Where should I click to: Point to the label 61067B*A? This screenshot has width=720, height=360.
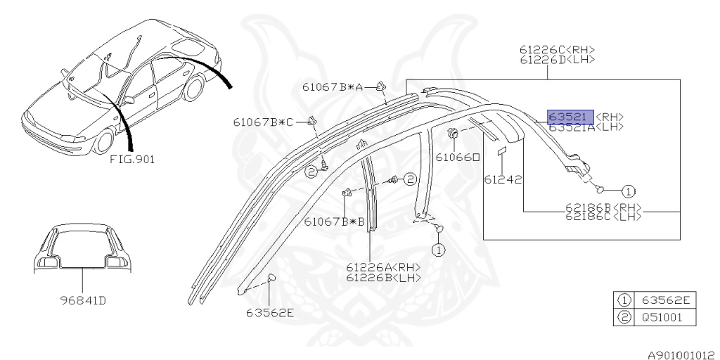click(x=334, y=87)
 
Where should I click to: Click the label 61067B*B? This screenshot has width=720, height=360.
click(x=334, y=221)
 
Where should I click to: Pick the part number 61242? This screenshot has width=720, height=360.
click(x=503, y=180)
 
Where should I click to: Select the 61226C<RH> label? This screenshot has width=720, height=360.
click(x=558, y=49)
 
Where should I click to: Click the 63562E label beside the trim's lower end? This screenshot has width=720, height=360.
click(x=270, y=313)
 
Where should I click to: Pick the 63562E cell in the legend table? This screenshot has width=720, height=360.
click(x=664, y=301)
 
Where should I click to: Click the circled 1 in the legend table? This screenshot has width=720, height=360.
click(x=622, y=301)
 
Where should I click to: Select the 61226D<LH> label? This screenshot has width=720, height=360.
click(x=558, y=60)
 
